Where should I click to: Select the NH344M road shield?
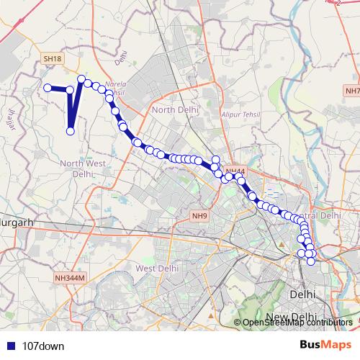70,278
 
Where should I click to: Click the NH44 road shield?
235,171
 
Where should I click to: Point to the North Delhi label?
174,109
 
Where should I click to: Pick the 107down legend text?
44,346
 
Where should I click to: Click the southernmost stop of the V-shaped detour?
71,130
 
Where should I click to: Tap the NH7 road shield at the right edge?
352,91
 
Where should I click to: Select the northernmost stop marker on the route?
81,78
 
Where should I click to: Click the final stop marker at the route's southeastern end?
311,261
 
